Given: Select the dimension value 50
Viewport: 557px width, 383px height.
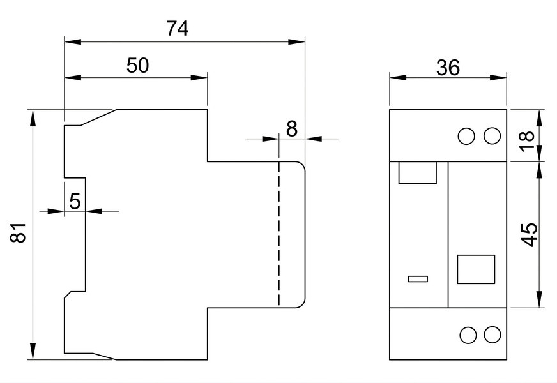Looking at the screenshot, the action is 138,66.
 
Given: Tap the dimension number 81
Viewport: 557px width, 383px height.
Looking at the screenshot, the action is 18,233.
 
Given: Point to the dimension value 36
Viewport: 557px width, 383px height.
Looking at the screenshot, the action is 448,68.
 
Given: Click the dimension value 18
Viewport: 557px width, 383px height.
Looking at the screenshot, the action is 528,141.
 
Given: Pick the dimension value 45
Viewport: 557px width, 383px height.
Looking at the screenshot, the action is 529,235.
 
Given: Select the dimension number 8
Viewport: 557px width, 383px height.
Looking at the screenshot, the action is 292,129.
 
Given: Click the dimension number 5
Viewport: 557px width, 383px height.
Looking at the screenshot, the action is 75,202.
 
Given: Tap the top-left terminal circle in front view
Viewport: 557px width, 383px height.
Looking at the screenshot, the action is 466,136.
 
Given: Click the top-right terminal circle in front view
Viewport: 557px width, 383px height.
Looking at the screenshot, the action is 492,136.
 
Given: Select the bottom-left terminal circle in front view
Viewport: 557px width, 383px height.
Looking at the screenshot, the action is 468,335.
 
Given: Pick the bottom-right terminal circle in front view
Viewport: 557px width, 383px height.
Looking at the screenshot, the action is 492,335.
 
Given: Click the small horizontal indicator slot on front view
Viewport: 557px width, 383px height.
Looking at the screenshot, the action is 418,279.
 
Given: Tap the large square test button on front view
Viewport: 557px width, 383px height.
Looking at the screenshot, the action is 476,269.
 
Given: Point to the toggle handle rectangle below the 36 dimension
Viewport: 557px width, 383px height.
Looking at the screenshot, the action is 417,173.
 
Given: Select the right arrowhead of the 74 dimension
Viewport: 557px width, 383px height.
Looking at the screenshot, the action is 296,41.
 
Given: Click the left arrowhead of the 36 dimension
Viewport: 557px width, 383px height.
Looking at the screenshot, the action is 398,77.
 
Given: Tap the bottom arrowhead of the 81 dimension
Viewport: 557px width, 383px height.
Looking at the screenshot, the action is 33,352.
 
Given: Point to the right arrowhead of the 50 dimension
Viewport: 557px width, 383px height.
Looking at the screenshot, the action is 199,77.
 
